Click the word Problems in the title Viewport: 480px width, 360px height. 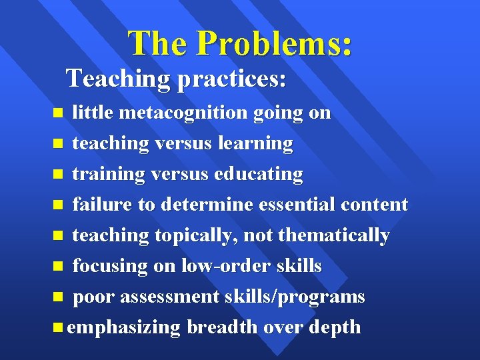click(275, 43)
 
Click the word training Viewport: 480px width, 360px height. click(108, 174)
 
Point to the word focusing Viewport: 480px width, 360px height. click(109, 266)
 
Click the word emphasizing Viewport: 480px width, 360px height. click(124, 328)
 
